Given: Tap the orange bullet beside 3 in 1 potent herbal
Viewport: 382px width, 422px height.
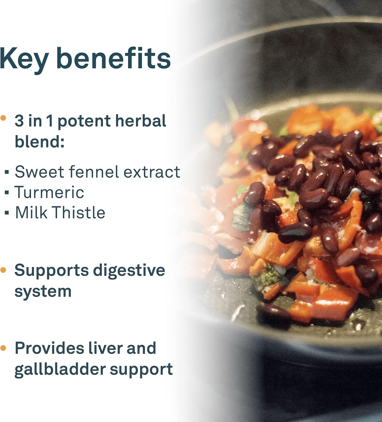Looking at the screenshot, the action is (x=3, y=118).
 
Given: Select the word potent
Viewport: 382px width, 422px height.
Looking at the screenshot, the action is (x=84, y=122).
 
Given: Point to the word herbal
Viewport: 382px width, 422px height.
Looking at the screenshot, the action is (x=141, y=121).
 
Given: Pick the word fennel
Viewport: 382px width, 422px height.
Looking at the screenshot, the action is (x=94, y=172).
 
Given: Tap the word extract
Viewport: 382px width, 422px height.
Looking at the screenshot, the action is (x=152, y=172).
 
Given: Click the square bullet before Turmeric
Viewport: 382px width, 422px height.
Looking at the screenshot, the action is (x=7, y=192).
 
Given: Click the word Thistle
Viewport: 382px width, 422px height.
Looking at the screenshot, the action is (x=78, y=212).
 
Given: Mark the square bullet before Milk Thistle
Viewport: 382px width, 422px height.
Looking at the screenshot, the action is (x=7, y=213).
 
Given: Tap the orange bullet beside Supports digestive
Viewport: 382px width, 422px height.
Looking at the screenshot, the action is (x=3, y=270).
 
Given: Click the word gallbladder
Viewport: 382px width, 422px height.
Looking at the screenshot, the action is (x=60, y=371).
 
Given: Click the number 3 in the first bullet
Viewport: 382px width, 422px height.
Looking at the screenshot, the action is (x=19, y=121).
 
